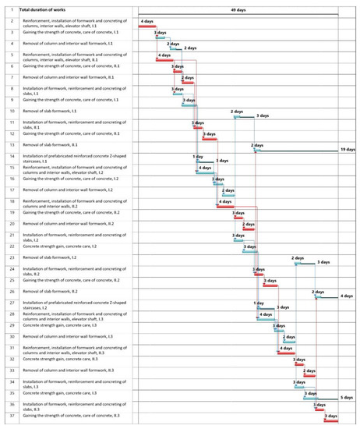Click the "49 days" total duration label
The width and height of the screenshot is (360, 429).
point(238,9)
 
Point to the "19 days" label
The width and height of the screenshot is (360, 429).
point(348,149)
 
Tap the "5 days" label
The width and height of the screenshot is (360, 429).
point(348,399)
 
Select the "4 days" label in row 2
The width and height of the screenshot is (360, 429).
point(146,21)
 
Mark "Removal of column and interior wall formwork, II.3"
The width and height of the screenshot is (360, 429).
point(68,370)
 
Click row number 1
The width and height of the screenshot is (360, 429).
point(11,9)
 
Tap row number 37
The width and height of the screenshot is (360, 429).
point(11,417)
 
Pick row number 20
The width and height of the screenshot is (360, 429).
point(11,223)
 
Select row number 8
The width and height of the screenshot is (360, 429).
point(11,88)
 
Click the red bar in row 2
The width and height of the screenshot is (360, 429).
point(146,27)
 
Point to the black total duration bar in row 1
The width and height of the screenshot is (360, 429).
point(238,16)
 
